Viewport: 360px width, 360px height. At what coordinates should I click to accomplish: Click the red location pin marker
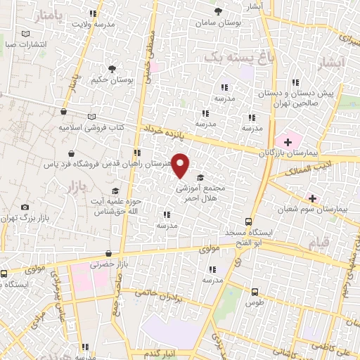(181, 165)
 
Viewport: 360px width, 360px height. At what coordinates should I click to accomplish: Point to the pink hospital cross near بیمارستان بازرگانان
(289, 141)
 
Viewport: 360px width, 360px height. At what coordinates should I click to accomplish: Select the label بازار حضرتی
(107, 266)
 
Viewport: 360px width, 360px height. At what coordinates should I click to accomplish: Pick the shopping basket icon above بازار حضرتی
(108, 255)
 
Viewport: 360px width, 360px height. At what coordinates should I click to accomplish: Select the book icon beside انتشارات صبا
(25, 33)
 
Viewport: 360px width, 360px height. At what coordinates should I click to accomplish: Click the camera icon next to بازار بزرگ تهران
(25, 207)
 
